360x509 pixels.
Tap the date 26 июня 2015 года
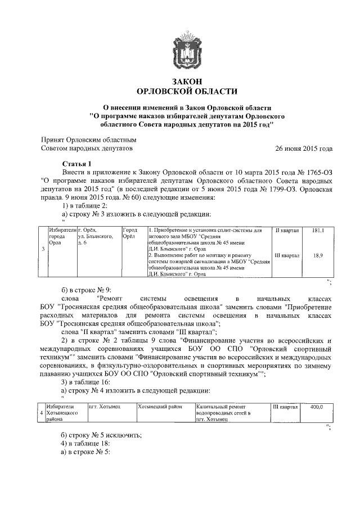click(x=303, y=149)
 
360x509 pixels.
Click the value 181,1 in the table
click(x=317, y=231)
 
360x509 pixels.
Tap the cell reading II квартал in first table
click(x=286, y=231)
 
